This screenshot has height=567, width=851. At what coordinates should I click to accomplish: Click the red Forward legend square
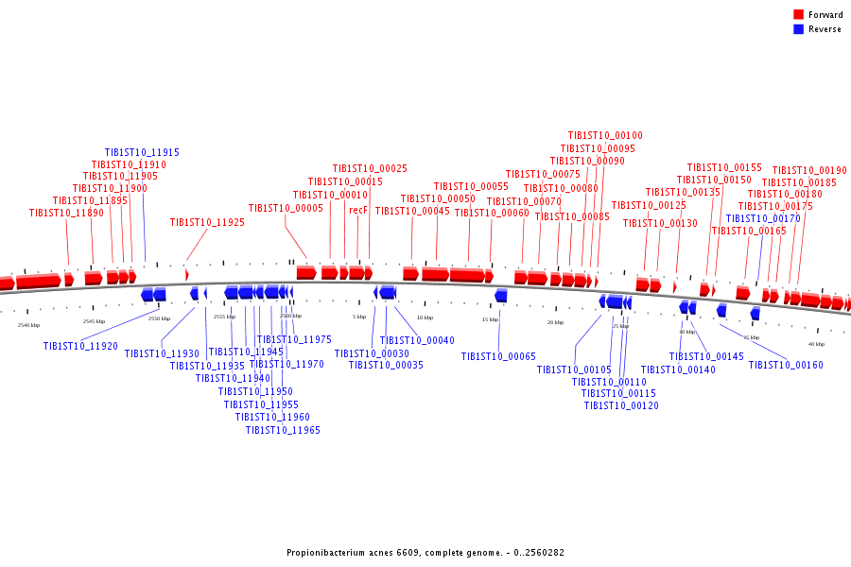799,14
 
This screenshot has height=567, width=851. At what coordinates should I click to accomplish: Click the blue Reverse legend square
799,29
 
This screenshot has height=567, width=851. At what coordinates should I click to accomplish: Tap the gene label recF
358,210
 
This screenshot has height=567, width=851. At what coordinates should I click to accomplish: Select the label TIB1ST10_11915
142,152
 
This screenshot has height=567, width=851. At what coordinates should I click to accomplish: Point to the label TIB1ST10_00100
605,136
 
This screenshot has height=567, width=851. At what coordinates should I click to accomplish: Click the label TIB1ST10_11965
283,430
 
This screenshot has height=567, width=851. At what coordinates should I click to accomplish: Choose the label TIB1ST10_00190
809,170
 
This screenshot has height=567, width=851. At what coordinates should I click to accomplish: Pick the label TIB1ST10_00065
498,356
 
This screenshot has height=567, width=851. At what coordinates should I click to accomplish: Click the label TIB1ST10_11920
80,346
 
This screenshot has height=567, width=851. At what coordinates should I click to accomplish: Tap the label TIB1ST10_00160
786,365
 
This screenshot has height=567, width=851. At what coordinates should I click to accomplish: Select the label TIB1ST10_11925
207,223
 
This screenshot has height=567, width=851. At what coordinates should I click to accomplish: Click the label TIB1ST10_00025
370,168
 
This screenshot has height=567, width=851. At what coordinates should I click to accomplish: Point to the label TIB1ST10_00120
621,405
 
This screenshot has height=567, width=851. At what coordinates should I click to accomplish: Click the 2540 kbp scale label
29,325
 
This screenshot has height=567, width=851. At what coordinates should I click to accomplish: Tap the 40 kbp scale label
816,344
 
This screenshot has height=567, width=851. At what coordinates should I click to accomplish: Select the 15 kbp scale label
490,319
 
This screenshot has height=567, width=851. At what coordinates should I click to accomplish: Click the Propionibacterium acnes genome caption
425,552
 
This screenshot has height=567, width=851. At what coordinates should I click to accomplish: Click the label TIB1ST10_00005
286,208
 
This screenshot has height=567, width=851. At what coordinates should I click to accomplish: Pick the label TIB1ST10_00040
417,340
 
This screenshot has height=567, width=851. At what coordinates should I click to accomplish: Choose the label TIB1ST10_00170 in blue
763,218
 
